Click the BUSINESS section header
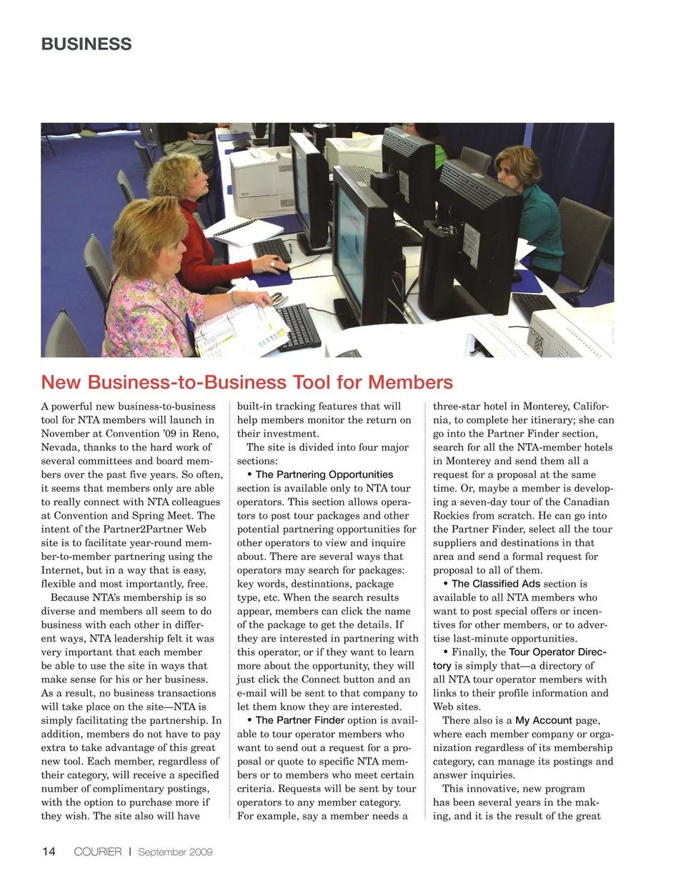(x=86, y=44)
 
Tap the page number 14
(x=49, y=851)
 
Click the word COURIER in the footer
(x=98, y=852)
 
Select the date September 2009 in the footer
(x=175, y=852)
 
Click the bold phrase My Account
(x=543, y=720)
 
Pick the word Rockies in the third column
(x=452, y=516)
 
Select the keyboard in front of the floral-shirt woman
(x=298, y=326)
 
